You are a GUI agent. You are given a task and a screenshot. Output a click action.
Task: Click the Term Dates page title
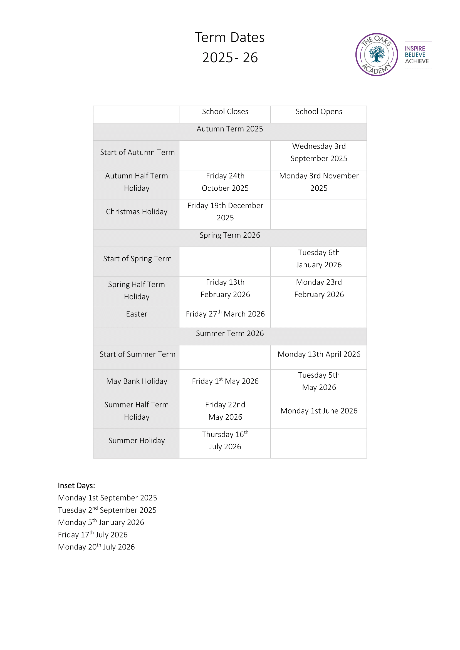[230, 37]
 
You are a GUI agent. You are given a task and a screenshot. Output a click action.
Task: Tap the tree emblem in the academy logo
[377, 54]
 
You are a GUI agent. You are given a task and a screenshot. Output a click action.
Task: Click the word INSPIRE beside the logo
[415, 48]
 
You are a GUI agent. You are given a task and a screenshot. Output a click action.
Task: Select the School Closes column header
[225, 111]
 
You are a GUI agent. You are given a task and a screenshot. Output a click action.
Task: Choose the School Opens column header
[319, 111]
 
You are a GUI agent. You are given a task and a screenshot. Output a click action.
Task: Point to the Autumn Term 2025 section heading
[230, 129]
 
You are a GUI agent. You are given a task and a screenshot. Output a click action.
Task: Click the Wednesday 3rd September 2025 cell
[319, 152]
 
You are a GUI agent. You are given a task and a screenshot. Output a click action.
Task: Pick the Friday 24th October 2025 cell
[225, 182]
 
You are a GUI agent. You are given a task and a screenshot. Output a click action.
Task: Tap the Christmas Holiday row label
[137, 212]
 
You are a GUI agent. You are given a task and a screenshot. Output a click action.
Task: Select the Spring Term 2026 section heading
[230, 235]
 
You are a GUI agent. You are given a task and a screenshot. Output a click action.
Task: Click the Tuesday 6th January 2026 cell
[319, 259]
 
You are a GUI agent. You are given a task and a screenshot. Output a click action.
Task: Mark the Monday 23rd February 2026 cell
[319, 288]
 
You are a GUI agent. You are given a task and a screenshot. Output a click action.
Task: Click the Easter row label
[137, 314]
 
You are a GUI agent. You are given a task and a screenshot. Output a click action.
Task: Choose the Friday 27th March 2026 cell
[225, 314]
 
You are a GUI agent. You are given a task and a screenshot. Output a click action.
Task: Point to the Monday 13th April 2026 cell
[319, 354]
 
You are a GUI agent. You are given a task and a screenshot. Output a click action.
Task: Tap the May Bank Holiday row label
[137, 381]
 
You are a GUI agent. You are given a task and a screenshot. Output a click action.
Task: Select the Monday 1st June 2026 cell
[319, 411]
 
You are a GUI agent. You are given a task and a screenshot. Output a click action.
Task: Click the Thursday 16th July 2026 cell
[225, 440]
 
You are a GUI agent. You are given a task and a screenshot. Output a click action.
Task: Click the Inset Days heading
[76, 486]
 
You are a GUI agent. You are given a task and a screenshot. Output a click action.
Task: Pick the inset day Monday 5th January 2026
[101, 522]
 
